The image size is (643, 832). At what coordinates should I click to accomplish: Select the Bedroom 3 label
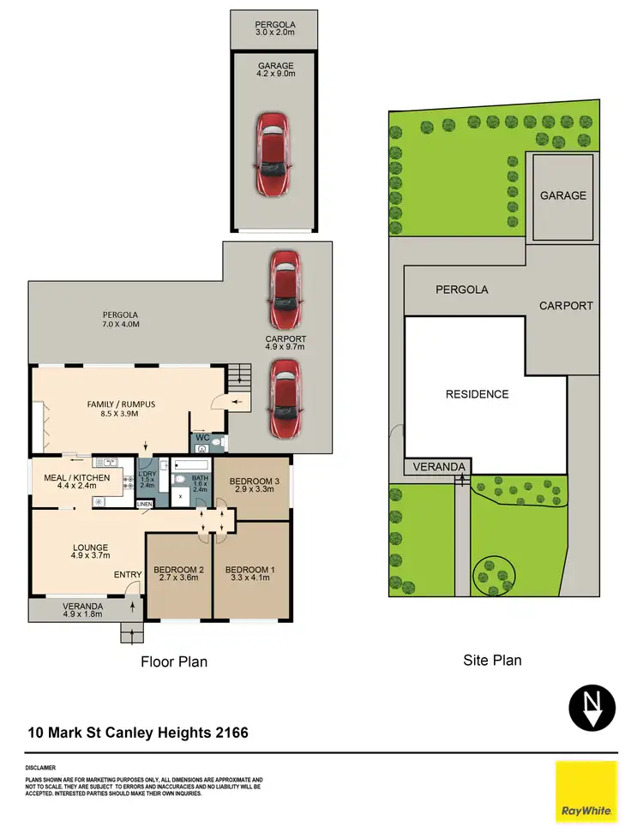[252, 481]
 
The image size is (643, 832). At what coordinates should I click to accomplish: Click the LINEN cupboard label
[145, 505]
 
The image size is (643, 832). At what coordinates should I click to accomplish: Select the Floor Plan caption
[174, 661]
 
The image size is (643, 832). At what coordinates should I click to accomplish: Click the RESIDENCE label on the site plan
[477, 394]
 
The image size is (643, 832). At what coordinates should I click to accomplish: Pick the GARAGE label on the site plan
[563, 195]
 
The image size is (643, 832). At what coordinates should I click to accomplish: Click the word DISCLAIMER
[41, 768]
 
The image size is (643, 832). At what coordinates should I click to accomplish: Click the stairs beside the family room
[239, 374]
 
